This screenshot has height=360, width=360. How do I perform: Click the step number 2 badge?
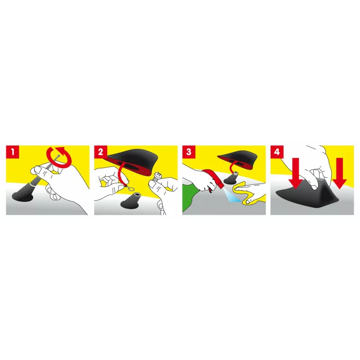tap(100, 153)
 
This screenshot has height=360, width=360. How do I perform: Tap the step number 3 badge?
tap(189, 153)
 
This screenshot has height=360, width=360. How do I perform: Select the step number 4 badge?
tap(277, 153)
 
